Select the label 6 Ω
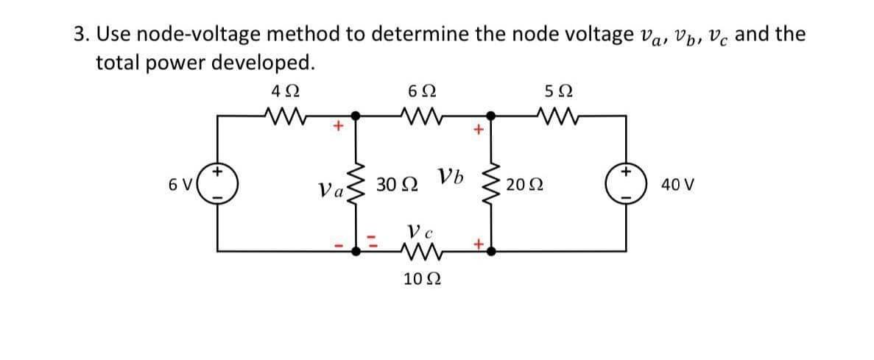click(x=422, y=93)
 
